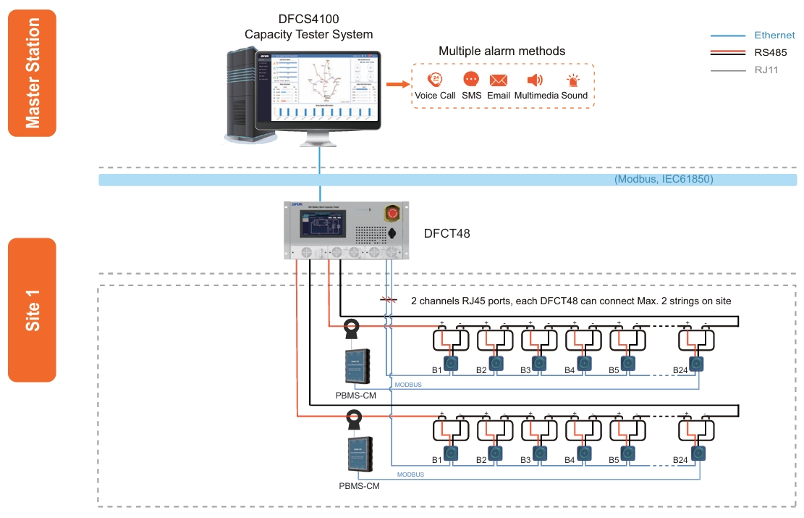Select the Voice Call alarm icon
click(435, 80)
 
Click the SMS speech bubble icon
click(471, 80)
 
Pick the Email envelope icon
click(499, 80)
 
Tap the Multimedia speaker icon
click(535, 80)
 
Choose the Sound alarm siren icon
click(573, 80)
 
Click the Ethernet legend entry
click(774, 35)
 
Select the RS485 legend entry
click(770, 52)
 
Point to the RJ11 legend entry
click(766, 70)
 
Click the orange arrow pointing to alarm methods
click(394, 85)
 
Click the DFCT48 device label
click(447, 234)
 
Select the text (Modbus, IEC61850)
click(664, 179)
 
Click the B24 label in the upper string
click(680, 370)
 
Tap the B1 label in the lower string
click(436, 460)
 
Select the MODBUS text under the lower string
click(410, 475)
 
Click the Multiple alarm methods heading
click(502, 51)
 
